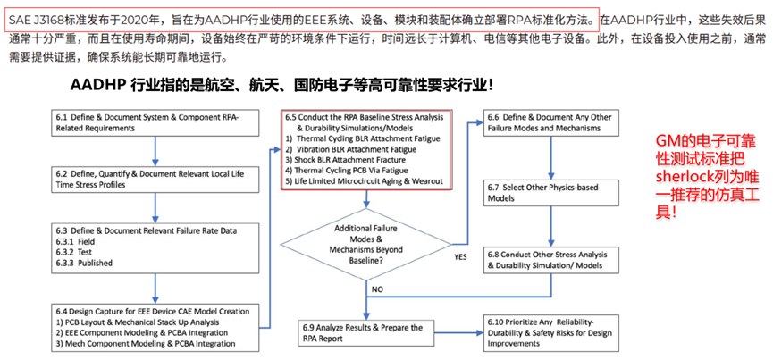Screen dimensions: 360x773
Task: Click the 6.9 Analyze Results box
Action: click(366, 333)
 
